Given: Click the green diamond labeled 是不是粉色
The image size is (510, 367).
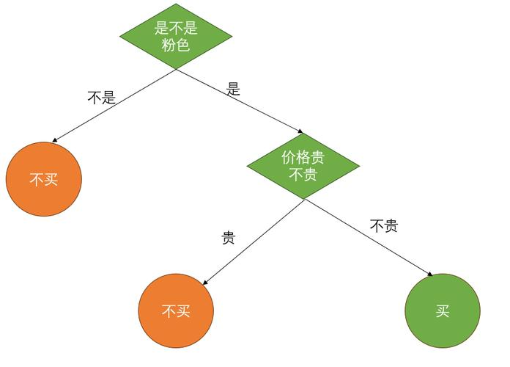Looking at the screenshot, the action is click(176, 36).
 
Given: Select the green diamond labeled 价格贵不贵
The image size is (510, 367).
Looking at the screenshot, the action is click(303, 166).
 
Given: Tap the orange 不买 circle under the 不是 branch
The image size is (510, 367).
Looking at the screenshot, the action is click(43, 179).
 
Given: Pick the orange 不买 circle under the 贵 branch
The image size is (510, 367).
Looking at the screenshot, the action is click(176, 310).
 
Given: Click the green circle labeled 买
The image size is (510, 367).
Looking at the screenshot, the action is click(442, 310).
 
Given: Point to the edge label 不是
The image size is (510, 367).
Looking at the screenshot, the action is click(101, 98).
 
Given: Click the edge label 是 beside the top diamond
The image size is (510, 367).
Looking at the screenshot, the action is click(233, 90).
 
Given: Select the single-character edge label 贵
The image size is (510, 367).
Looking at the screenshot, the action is click(228, 239).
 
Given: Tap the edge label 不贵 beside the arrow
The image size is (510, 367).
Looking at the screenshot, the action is click(383, 226).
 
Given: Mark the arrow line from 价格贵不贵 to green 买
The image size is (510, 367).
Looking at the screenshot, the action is click(370, 238).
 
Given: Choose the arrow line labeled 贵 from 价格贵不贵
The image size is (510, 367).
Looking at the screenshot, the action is click(253, 241).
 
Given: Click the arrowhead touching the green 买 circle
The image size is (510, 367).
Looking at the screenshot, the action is click(429, 275).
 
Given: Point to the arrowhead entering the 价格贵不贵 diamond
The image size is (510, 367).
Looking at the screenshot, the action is click(299, 132).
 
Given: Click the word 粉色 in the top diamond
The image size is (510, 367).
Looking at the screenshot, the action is click(176, 45).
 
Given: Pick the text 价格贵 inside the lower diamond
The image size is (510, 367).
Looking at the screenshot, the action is click(303, 157).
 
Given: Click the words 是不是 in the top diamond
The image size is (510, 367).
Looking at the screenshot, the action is click(176, 28).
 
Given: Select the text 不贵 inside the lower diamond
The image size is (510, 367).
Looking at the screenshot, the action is click(303, 175).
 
